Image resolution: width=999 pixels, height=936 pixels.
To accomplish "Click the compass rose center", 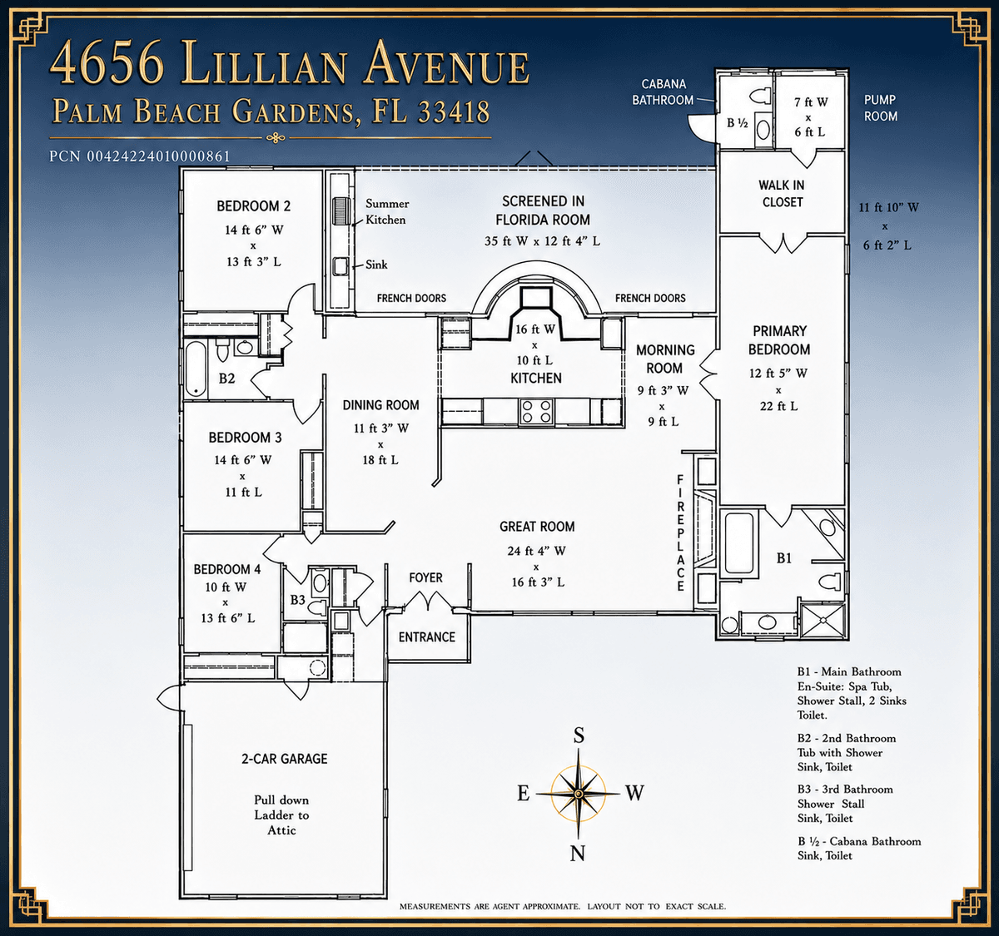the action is [x=579, y=794].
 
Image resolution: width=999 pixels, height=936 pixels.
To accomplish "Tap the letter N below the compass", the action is [x=578, y=853].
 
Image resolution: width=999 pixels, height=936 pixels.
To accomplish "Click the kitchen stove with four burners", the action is [x=536, y=411].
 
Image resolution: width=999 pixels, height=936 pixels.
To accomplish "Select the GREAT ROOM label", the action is [x=537, y=527].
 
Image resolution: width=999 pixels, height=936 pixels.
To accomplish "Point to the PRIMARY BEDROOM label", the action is [x=779, y=340].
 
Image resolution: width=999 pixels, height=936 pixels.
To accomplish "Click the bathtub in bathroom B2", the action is [x=196, y=369].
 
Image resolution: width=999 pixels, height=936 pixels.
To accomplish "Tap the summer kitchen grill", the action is [x=341, y=211].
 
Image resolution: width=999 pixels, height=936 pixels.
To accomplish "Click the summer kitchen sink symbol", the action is [x=340, y=265].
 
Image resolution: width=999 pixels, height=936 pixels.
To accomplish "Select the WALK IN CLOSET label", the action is [x=782, y=194].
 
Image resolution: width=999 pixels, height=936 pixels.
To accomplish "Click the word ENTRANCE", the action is [x=426, y=637].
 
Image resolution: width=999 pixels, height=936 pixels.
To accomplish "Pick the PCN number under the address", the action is [x=140, y=156].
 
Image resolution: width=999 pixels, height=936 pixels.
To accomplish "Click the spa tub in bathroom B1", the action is [x=739, y=542].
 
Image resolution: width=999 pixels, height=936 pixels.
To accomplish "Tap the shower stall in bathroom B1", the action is [x=823, y=622].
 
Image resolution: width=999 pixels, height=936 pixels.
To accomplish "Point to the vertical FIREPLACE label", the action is [x=680, y=532].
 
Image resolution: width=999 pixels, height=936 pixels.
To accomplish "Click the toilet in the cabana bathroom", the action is [x=761, y=95].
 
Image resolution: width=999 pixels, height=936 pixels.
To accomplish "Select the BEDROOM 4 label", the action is [x=227, y=569].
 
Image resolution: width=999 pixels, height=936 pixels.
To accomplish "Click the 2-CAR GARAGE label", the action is [x=285, y=759].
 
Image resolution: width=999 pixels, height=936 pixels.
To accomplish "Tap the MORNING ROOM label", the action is [x=665, y=359].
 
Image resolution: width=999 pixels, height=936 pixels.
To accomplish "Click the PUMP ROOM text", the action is [x=880, y=108].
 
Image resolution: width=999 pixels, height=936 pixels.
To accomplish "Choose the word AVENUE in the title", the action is [x=447, y=63].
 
